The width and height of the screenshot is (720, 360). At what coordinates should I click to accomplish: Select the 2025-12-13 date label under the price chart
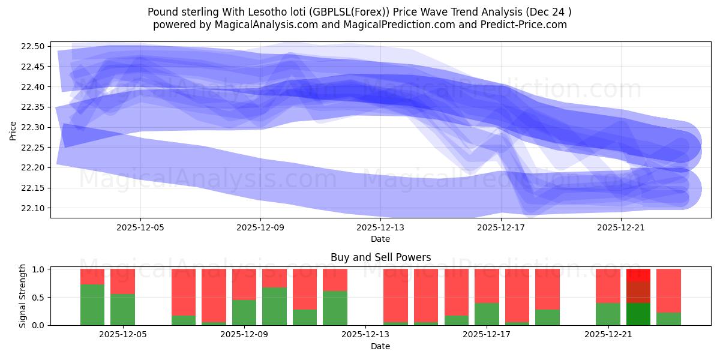tap(380, 227)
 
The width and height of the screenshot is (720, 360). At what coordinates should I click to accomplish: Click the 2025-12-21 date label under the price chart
tap(620, 227)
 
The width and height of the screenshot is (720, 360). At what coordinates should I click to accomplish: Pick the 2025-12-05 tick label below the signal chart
tap(123, 335)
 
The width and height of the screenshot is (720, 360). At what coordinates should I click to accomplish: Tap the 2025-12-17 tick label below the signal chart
tap(487, 335)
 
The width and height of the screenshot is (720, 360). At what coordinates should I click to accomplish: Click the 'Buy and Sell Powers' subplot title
tap(380, 257)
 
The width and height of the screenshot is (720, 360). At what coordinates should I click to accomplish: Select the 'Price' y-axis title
tap(13, 130)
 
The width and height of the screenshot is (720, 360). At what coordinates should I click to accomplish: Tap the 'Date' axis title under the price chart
tap(380, 239)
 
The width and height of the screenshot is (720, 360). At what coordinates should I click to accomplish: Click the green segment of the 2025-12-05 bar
tap(123, 310)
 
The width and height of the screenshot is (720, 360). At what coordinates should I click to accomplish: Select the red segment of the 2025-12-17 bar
tap(487, 286)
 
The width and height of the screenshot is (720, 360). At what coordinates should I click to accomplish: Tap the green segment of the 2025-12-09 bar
tap(244, 313)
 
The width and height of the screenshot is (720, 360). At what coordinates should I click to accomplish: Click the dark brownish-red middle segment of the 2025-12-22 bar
tap(638, 292)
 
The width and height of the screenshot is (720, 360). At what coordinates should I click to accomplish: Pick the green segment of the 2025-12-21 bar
tap(608, 314)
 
